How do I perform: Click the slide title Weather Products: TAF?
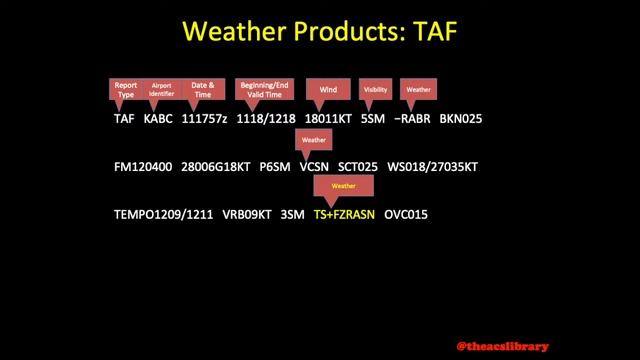(319, 32)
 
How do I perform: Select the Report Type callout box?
(126, 89)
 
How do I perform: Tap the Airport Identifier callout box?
(162, 89)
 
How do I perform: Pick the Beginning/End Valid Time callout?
(263, 89)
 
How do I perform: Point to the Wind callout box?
(327, 89)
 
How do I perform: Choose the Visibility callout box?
(375, 89)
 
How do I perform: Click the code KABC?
(158, 118)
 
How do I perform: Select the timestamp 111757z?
(204, 118)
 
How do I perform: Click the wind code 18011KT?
(327, 118)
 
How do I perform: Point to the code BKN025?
(461, 118)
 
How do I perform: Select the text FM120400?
(145, 166)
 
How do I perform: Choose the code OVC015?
(406, 214)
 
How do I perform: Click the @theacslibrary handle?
(502, 345)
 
